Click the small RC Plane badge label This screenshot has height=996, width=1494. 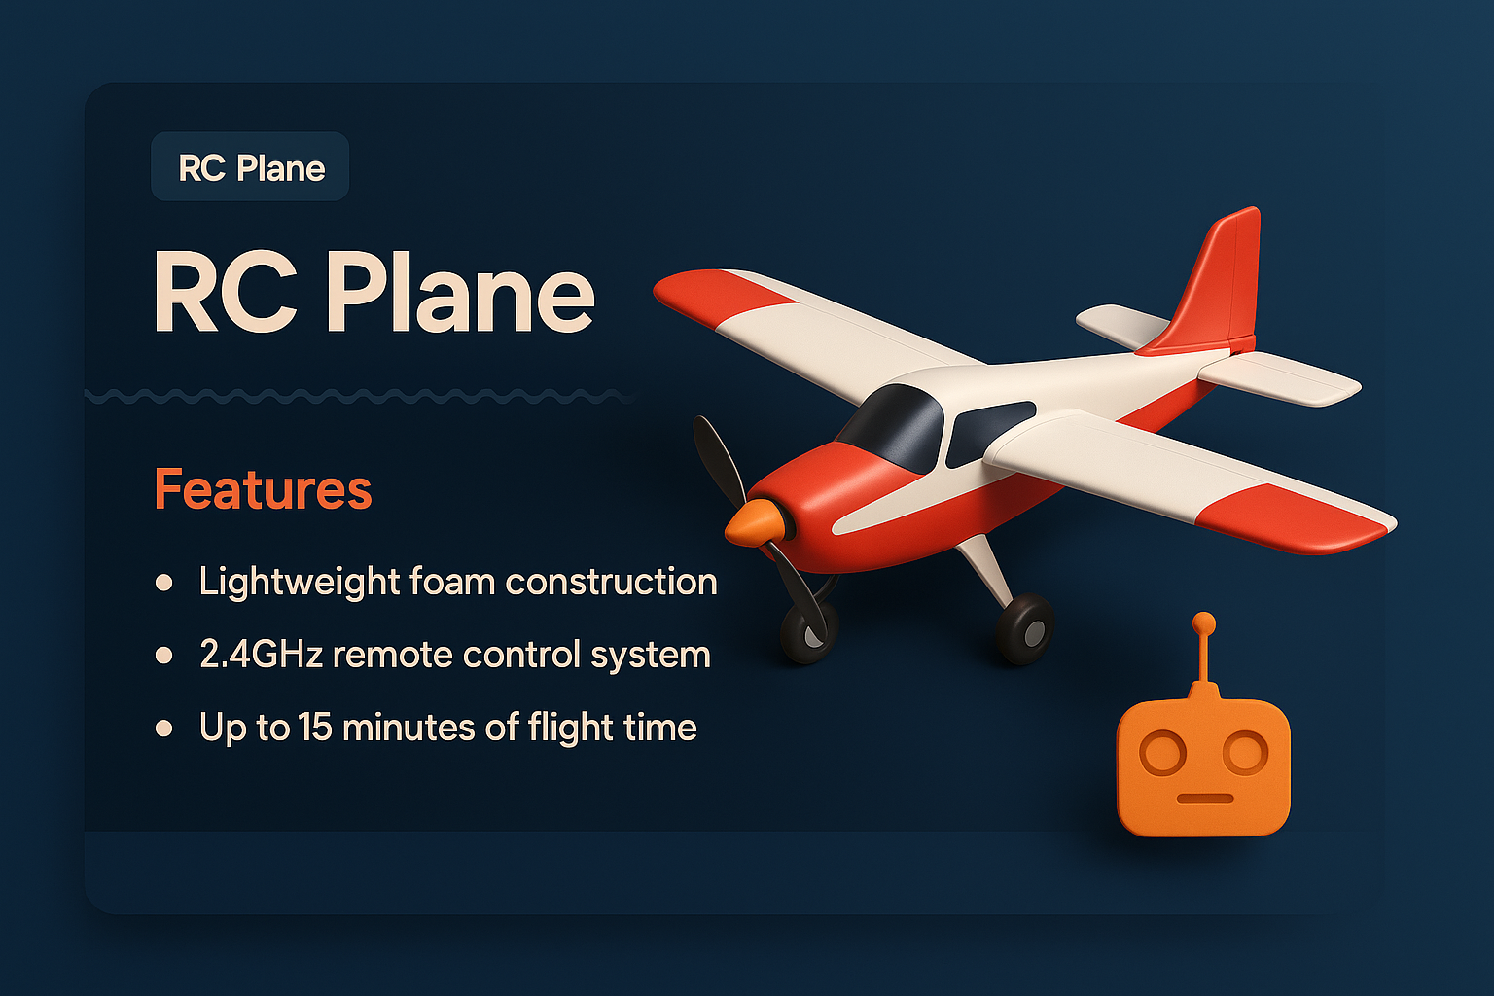251,167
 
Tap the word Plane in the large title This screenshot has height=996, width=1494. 459,293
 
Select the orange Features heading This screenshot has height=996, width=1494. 263,489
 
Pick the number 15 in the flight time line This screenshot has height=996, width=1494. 315,728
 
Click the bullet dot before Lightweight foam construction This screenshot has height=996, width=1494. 164,583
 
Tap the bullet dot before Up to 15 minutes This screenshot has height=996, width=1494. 164,729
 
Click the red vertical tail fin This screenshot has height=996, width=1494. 1216,282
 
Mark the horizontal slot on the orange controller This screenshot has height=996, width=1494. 1204,799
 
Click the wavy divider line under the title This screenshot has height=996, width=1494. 360,396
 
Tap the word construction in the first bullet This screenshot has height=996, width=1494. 611,582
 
